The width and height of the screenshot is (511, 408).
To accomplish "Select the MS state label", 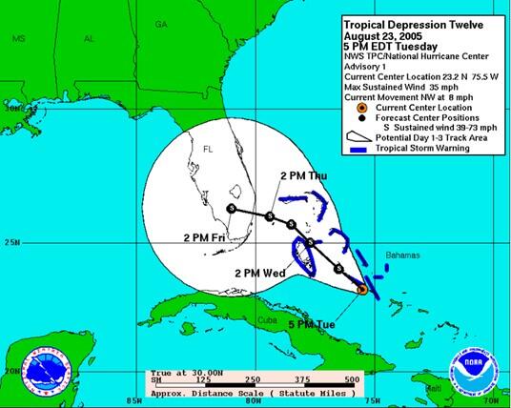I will point(19,39).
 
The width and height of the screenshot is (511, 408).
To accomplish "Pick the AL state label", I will point(90,39).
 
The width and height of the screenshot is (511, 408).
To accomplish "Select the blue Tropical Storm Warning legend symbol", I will point(358,149).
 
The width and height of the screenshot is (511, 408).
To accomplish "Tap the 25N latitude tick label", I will point(12,242).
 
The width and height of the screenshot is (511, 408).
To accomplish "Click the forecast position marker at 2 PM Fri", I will point(231,209).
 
